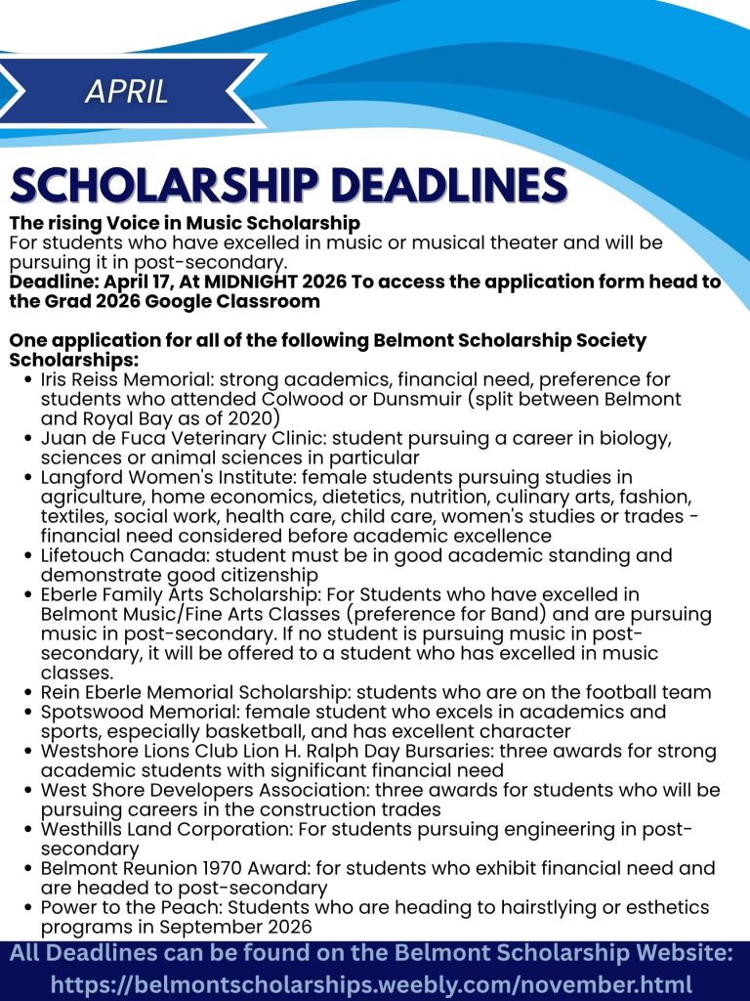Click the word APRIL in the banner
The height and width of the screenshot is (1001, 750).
tap(127, 92)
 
